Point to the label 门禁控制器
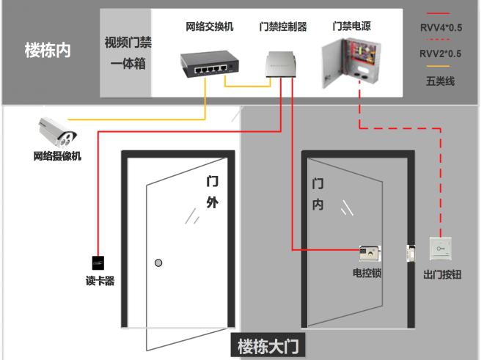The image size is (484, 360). (x=282, y=27)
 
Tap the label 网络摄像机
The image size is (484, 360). (x=57, y=156)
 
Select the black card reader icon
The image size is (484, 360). (x=97, y=261)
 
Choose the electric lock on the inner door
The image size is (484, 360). (x=370, y=254)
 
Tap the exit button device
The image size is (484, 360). (x=442, y=249)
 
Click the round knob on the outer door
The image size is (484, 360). (x=158, y=262)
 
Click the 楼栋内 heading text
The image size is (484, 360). (x=48, y=53)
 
